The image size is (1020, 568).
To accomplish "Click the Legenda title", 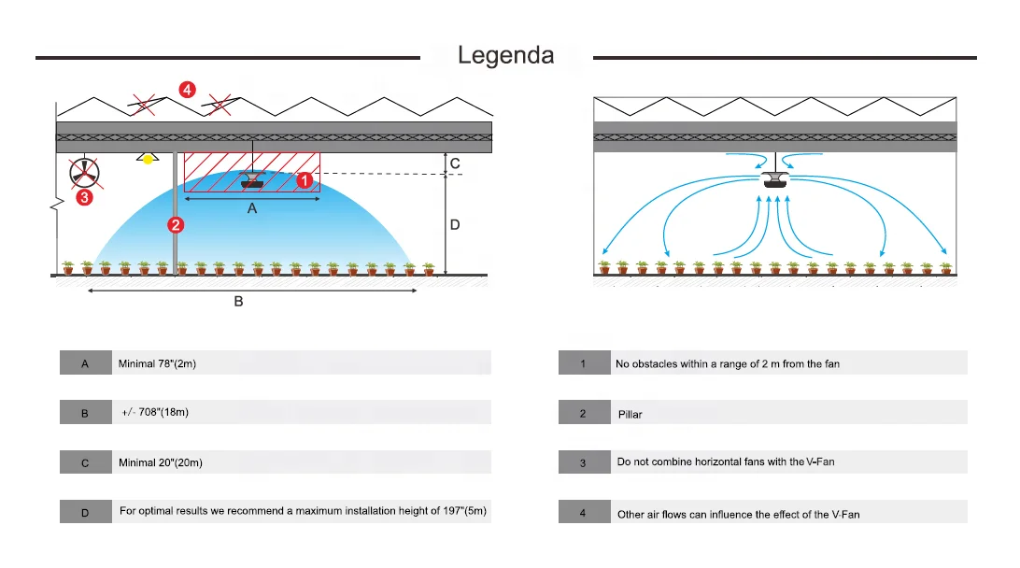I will [505, 56].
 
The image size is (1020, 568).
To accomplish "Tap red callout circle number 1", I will [304, 180].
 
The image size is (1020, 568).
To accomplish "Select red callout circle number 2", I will [175, 224].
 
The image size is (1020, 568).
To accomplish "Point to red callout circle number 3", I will [84, 197].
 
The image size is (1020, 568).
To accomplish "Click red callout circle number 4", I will [188, 90].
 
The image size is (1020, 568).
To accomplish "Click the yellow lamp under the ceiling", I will [146, 159].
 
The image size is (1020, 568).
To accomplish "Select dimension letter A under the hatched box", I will [252, 210].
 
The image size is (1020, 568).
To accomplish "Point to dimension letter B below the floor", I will [238, 302].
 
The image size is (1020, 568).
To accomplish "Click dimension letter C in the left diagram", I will [455, 163].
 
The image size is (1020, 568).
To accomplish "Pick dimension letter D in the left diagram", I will [455, 224].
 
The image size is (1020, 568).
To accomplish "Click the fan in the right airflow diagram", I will [775, 179].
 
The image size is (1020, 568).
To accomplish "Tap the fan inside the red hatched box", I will [252, 179].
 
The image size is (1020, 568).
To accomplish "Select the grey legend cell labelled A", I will [85, 363].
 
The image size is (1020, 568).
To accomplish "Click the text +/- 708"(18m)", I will [155, 412].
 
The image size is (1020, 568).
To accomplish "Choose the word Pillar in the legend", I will [630, 414].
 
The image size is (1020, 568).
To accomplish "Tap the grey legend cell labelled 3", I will [583, 461].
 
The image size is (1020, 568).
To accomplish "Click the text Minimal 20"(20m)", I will [161, 462].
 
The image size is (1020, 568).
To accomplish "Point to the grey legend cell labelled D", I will [85, 512].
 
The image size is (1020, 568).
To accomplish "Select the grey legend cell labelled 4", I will [583, 513].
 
